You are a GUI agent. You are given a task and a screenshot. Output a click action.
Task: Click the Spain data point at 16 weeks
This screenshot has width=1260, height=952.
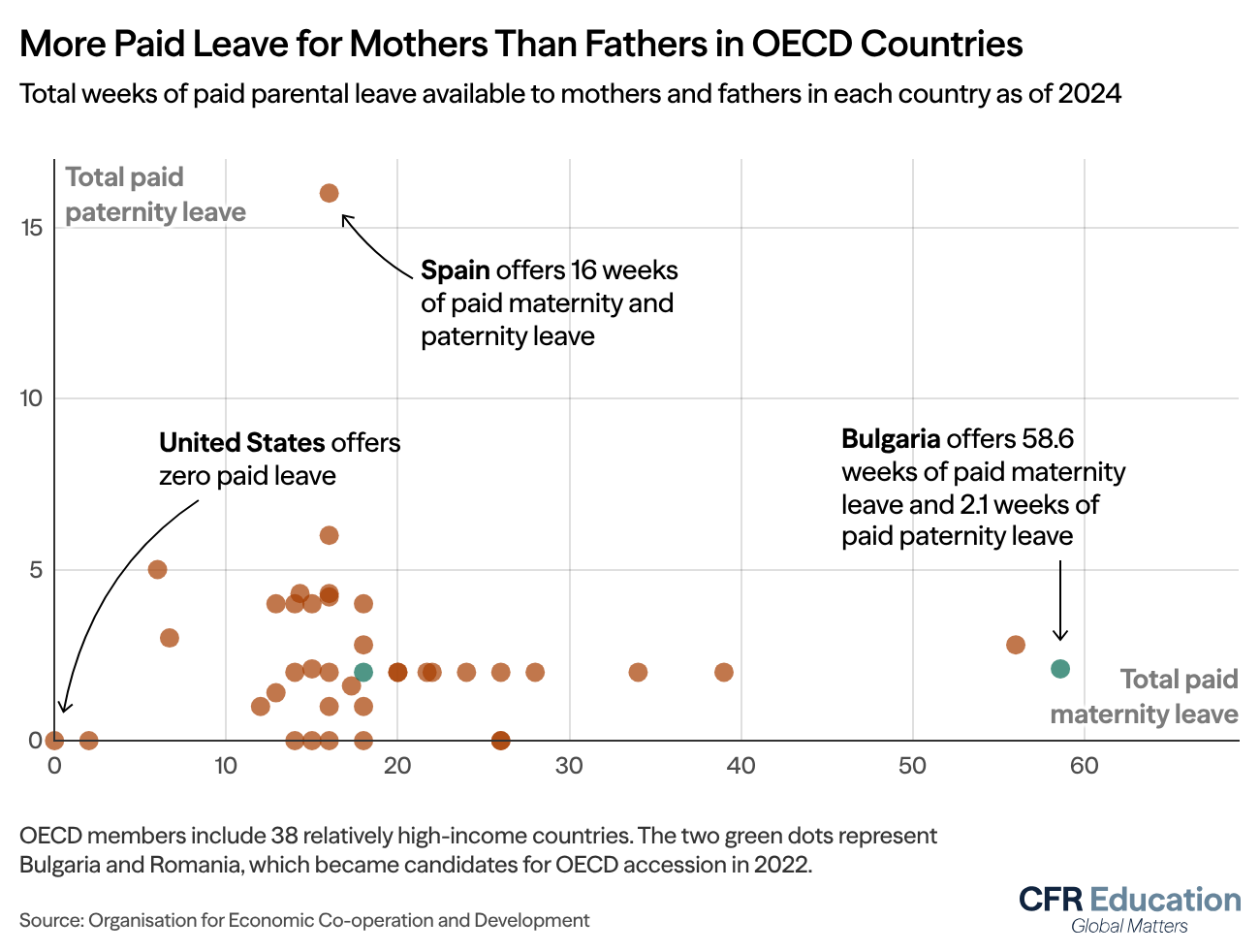coord(329,193)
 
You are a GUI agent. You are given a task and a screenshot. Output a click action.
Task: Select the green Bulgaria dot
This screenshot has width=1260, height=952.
coord(1060,669)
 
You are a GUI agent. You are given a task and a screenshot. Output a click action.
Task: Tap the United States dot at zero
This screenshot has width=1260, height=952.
coord(54,741)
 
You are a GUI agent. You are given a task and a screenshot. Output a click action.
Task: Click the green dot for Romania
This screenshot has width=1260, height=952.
coord(363,672)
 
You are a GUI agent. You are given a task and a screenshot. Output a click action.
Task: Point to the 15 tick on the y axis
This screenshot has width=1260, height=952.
coord(35,228)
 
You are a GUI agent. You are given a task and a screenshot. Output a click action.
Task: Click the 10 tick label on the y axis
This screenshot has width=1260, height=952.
coord(33,398)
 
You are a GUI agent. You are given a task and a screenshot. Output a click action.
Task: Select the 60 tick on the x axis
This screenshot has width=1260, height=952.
coord(1084,766)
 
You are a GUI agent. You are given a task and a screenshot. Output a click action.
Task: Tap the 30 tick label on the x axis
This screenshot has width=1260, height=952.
coord(569,766)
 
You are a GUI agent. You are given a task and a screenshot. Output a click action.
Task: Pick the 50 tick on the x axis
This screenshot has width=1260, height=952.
coord(912,766)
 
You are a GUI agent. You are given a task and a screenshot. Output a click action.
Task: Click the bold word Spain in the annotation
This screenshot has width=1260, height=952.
coord(455,270)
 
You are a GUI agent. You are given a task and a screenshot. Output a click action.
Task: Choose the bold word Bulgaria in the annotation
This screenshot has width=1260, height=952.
coord(891,439)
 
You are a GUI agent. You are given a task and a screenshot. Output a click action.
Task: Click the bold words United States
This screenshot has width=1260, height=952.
coord(241,443)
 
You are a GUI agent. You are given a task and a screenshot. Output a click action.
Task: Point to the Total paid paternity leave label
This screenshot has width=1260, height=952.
coord(155,195)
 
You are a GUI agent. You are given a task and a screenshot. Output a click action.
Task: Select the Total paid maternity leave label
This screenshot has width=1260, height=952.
coord(1145,697)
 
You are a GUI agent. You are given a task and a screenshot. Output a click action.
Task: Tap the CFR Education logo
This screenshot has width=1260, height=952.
coord(1129,908)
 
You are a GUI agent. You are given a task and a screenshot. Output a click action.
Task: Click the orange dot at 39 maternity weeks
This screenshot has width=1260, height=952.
coord(724,672)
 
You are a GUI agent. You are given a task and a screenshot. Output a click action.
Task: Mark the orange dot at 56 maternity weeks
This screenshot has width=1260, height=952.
coord(1016,645)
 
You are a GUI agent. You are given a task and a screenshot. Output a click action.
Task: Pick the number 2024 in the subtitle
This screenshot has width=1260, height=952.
coord(1089,94)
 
